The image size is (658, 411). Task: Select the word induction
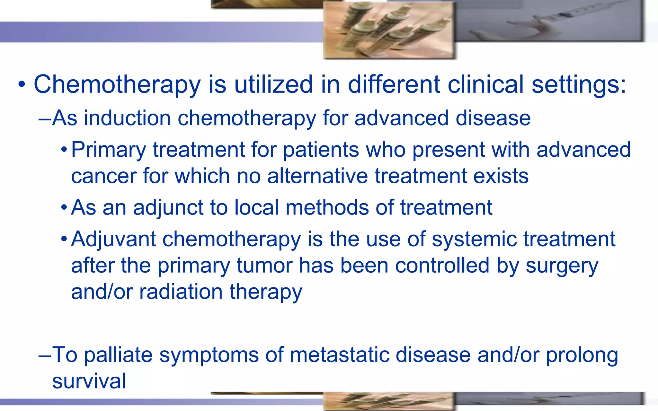[x=127, y=118]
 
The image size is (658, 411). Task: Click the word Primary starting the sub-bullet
[x=108, y=150]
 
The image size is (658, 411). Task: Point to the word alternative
[x=317, y=176]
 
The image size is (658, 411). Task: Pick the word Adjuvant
[x=113, y=239]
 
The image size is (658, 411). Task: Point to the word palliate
[x=118, y=355]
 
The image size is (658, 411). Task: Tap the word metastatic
[x=339, y=355]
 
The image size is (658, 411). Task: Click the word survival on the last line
[x=89, y=381]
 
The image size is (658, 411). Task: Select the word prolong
[x=582, y=355]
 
